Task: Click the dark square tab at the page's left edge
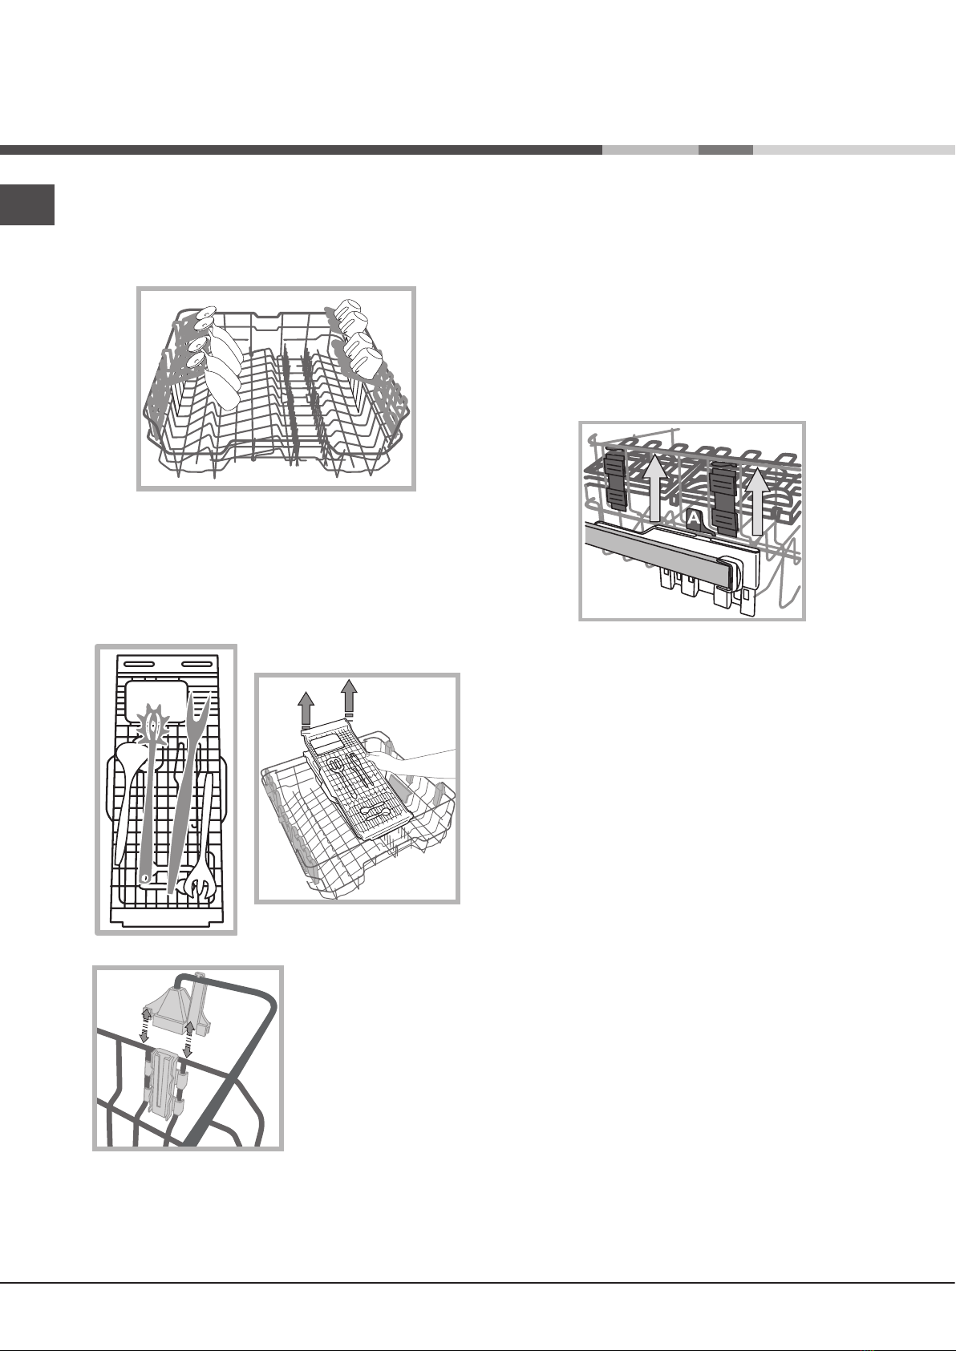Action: (x=27, y=204)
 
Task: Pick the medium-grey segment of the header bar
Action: (x=726, y=150)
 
